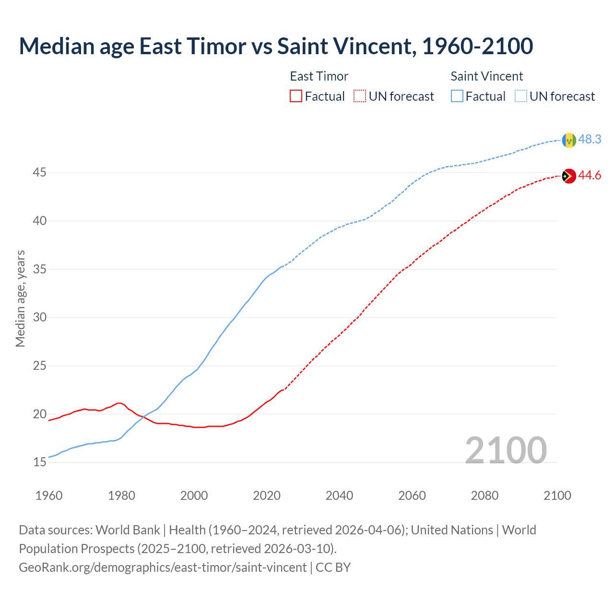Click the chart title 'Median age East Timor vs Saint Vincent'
click(x=276, y=46)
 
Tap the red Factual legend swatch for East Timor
click(x=296, y=96)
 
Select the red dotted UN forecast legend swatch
click(x=360, y=96)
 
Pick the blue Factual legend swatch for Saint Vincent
click(x=457, y=96)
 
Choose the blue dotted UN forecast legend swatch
click(x=520, y=96)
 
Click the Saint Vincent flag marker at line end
click(x=569, y=140)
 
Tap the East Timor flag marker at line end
click(x=569, y=176)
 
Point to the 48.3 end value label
click(x=590, y=139)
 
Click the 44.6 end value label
click(x=590, y=176)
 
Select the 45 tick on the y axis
click(x=39, y=172)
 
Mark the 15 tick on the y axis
click(x=39, y=462)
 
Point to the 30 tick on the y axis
click(x=39, y=318)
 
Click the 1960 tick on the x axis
click(x=49, y=496)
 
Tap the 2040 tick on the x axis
click(x=339, y=496)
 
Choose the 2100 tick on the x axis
click(x=557, y=496)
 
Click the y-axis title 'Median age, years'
click(x=20, y=298)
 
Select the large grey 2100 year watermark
click(x=506, y=450)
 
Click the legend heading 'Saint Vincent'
click(x=486, y=76)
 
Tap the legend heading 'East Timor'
click(x=319, y=76)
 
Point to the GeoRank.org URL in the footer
click(x=163, y=567)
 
